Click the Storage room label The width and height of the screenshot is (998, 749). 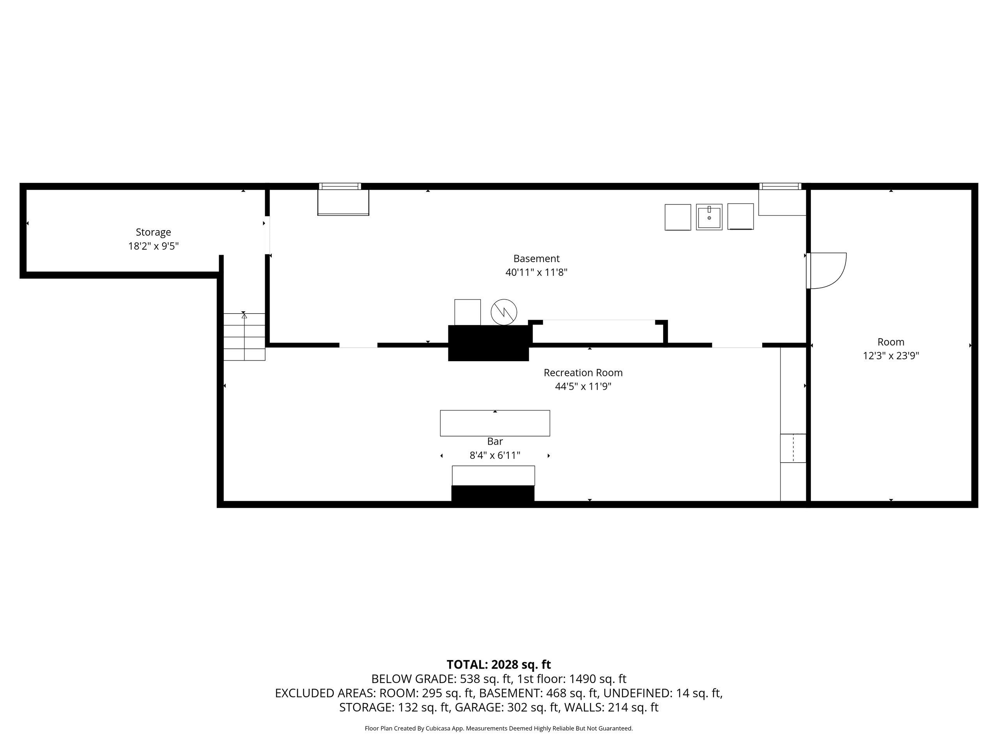(153, 232)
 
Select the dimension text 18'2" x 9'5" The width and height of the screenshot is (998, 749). (153, 246)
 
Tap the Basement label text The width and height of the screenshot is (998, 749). (536, 259)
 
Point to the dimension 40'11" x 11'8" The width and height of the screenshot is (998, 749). (536, 272)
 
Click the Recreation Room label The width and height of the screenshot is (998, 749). (583, 373)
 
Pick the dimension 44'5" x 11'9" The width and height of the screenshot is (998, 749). (583, 387)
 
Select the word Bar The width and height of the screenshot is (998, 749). (495, 441)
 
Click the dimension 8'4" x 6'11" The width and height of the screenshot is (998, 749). (495, 455)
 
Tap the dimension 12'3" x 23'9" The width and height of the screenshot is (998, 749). (891, 356)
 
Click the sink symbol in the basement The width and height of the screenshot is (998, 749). (709, 217)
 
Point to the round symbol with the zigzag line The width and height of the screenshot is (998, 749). (504, 312)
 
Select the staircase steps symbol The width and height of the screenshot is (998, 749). (244, 336)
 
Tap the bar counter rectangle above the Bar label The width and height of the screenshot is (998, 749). (495, 423)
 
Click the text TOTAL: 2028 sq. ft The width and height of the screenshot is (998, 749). (499, 665)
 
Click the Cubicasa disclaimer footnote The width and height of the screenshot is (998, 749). (499, 728)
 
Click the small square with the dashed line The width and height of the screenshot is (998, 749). (793, 448)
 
